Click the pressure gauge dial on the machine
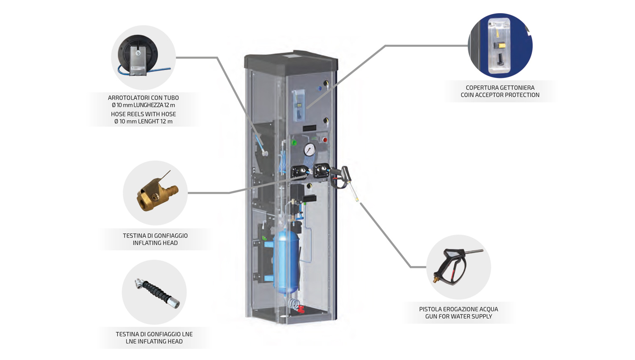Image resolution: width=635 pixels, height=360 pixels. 309,150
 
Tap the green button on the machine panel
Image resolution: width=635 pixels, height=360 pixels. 294,143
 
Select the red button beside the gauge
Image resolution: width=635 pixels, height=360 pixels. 325,140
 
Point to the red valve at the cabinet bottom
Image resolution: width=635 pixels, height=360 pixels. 301,309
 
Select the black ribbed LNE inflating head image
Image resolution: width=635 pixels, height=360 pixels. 156,292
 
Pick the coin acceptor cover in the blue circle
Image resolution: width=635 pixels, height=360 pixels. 499,46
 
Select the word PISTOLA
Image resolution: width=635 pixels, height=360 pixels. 431,309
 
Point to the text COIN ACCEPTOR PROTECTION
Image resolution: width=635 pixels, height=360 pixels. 500,95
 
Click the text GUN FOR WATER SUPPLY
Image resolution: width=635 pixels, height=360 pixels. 458,316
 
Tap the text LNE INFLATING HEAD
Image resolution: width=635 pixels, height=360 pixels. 154,341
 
